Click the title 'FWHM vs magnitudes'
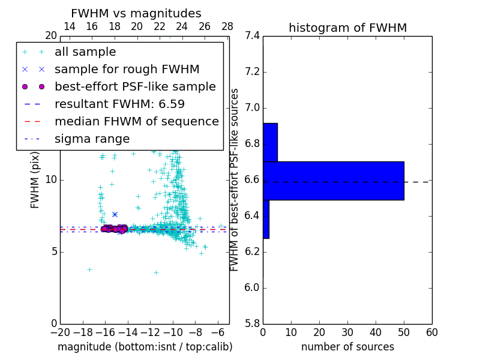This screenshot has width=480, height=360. click(x=136, y=13)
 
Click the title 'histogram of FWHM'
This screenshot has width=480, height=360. click(x=347, y=28)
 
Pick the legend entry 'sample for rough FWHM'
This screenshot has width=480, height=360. click(x=127, y=70)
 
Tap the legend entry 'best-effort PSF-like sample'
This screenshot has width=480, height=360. click(x=135, y=87)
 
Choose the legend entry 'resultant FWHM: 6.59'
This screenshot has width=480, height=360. click(x=119, y=104)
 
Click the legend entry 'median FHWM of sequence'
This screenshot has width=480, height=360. click(x=136, y=121)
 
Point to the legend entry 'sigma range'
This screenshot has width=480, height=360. click(x=92, y=139)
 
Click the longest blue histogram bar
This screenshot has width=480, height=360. click(x=333, y=181)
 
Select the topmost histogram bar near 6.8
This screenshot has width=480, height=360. click(x=270, y=142)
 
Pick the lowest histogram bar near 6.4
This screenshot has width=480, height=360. click(x=266, y=219)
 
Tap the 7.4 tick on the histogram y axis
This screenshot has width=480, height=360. click(x=253, y=36)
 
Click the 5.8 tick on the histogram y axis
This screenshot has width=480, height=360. click(x=253, y=323)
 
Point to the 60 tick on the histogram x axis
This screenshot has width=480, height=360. click(x=431, y=332)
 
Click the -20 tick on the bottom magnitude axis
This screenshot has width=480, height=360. click(x=60, y=332)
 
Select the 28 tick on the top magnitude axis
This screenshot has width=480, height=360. click(x=227, y=26)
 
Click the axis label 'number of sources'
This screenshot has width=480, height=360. click(x=347, y=347)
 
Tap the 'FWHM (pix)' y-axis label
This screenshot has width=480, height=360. click(x=35, y=180)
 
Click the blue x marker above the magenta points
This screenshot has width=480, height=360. click(x=115, y=214)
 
